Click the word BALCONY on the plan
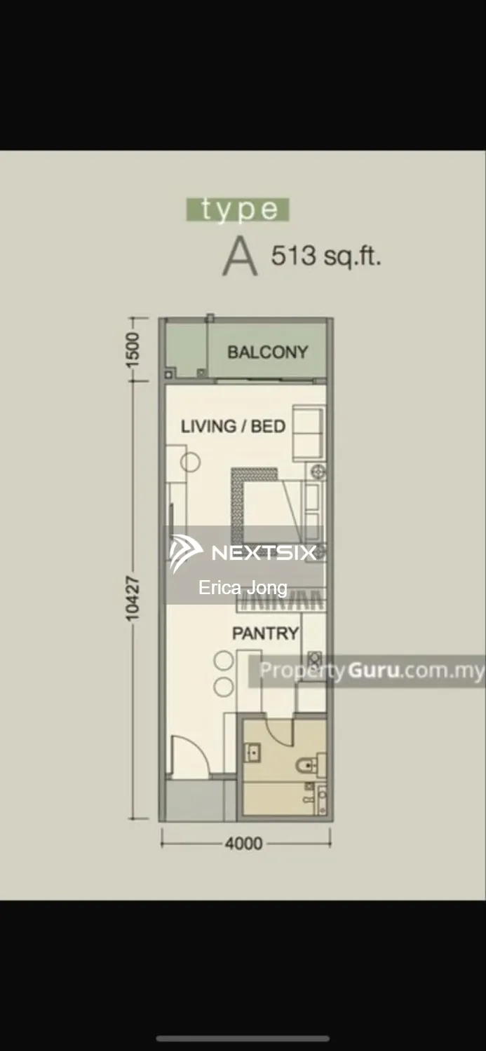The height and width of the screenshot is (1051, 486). coord(268,352)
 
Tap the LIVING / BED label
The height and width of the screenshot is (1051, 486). coord(234,426)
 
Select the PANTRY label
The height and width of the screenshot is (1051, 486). coord(265,633)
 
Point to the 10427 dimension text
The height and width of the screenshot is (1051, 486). coord(133,599)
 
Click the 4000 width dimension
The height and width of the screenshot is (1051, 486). coord(244,844)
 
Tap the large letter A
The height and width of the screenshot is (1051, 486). coord(240,256)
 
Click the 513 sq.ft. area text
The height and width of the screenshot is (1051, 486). coord(326,256)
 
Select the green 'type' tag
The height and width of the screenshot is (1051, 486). coord(238,209)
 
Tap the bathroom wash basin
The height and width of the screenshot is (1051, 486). coord(253,753)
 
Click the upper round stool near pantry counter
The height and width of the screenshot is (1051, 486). coord(224,661)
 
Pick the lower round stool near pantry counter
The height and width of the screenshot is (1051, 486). coord(224,687)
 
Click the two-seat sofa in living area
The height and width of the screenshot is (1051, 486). coord(309,434)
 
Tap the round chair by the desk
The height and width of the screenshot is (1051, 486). coord(190,462)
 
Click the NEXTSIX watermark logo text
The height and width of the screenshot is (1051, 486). coord(264,553)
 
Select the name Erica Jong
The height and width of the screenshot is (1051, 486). coord(243,588)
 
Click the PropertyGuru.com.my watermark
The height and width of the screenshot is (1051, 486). coord(372,671)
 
